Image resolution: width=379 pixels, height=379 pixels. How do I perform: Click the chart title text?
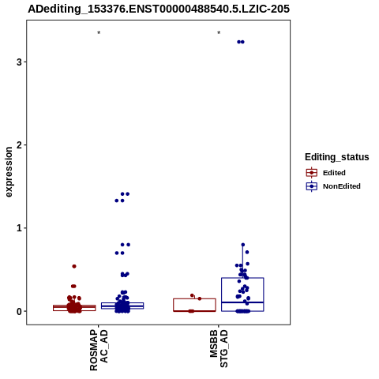point(159,9)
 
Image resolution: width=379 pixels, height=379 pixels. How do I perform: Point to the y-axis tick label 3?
point(19,62)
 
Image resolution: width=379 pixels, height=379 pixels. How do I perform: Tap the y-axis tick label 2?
point(19,145)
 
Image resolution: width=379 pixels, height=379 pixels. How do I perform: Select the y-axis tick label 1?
point(19,228)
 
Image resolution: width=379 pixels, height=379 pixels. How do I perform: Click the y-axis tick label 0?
point(19,311)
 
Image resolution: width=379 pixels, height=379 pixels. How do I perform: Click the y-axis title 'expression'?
point(9,172)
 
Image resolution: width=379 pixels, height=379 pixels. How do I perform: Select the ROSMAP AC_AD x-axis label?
point(99,350)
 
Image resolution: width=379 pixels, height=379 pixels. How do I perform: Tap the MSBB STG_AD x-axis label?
point(219,349)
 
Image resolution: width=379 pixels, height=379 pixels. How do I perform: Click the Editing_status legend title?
point(337,157)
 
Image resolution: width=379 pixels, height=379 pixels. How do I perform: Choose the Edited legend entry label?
point(334,173)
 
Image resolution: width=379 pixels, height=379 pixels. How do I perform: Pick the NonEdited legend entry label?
point(342,186)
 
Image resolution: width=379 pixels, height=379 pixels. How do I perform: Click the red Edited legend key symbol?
point(312,173)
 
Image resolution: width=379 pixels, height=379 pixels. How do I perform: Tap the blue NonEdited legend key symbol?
point(312,186)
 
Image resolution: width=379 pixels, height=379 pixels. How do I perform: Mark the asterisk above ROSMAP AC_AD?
point(99,33)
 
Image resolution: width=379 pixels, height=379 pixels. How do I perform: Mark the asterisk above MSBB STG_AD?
point(219,33)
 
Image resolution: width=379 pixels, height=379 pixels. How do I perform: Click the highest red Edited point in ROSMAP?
point(74,266)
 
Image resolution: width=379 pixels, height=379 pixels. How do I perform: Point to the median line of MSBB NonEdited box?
point(242,302)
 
